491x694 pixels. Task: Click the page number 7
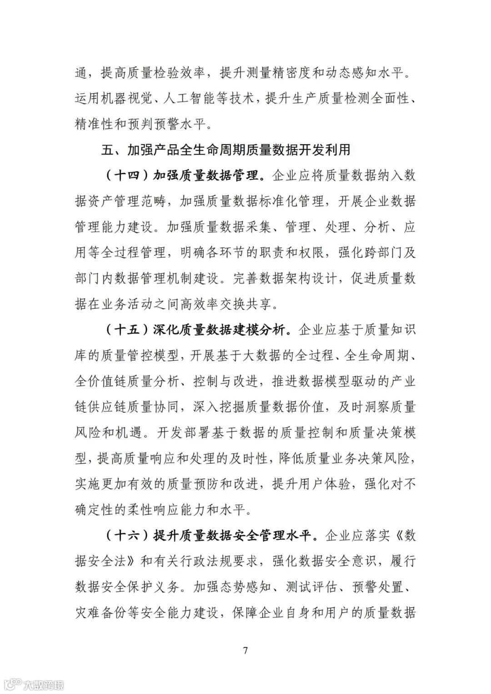(245, 650)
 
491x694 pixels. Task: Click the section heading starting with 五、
(226, 150)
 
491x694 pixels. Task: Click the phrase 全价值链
(100, 381)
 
